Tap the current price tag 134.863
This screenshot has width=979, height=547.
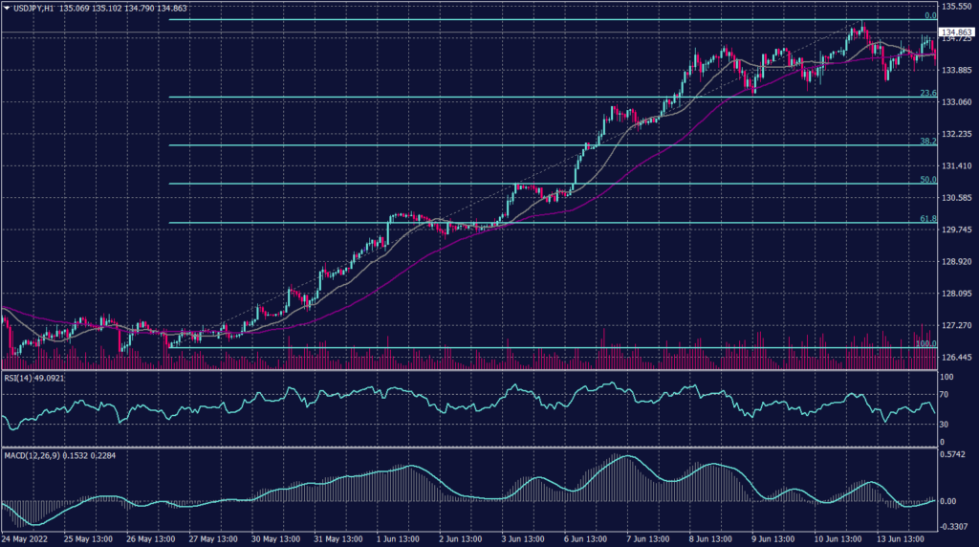[x=957, y=32]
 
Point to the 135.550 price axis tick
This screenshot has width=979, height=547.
[x=957, y=7]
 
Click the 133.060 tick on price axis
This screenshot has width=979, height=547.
[x=957, y=102]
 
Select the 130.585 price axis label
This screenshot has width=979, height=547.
[x=957, y=198]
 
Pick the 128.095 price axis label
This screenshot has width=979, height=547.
[x=957, y=294]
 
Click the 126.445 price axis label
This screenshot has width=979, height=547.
[x=957, y=357]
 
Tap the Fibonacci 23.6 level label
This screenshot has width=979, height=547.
[x=926, y=93]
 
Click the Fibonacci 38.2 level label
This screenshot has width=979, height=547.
[x=926, y=141]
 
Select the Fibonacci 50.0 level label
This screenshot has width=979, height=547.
[x=926, y=179]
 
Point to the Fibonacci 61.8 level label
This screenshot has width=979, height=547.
[x=926, y=218]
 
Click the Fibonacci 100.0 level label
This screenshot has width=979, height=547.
[x=925, y=343]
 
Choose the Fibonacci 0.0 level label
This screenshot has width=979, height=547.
[x=928, y=16]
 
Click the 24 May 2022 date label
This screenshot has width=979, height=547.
[x=26, y=539]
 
